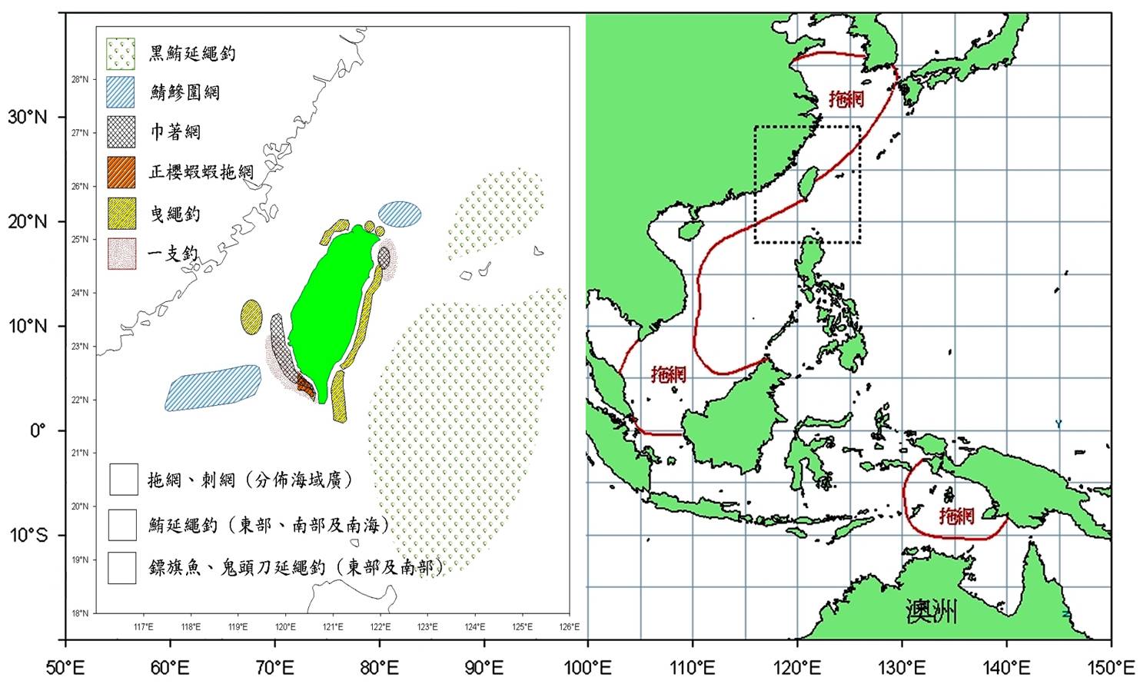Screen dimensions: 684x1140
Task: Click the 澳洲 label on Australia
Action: tap(931, 613)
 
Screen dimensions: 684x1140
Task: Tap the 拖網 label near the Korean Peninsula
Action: tap(846, 98)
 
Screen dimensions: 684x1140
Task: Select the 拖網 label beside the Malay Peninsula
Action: tap(668, 374)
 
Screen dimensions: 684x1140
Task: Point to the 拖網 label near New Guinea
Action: tap(956, 515)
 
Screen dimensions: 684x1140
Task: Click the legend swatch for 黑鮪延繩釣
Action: tap(121, 53)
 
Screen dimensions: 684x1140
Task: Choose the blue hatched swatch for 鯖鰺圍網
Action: tap(121, 92)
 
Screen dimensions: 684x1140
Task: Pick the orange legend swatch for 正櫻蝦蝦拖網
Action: tap(121, 172)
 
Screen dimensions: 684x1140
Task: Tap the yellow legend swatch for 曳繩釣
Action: tap(121, 213)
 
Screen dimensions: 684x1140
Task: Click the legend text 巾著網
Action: tap(175, 132)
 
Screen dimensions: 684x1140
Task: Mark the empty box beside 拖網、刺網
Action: tap(123, 480)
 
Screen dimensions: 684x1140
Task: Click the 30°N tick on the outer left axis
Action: tap(28, 118)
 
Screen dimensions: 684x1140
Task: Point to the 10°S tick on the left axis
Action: tap(28, 535)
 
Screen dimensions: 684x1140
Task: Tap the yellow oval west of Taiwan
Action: tap(251, 317)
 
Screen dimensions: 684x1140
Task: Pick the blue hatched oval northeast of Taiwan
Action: tap(400, 214)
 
